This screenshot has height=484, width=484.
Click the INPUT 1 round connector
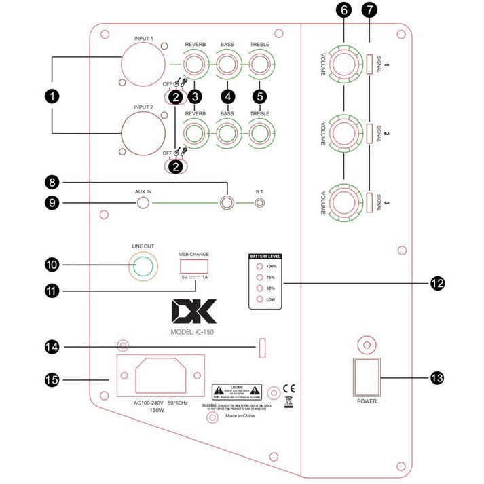pyautogui.click(x=143, y=68)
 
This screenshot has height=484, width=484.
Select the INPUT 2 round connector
pyautogui.click(x=143, y=133)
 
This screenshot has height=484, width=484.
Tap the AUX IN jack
pyautogui.click(x=143, y=202)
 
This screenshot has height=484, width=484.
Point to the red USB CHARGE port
pyautogui.click(x=195, y=265)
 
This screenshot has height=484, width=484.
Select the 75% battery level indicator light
pyautogui.click(x=260, y=277)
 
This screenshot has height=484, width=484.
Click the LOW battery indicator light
pyautogui.click(x=260, y=299)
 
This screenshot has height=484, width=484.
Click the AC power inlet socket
pyautogui.click(x=161, y=377)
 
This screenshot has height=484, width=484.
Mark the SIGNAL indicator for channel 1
pyautogui.click(x=369, y=66)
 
